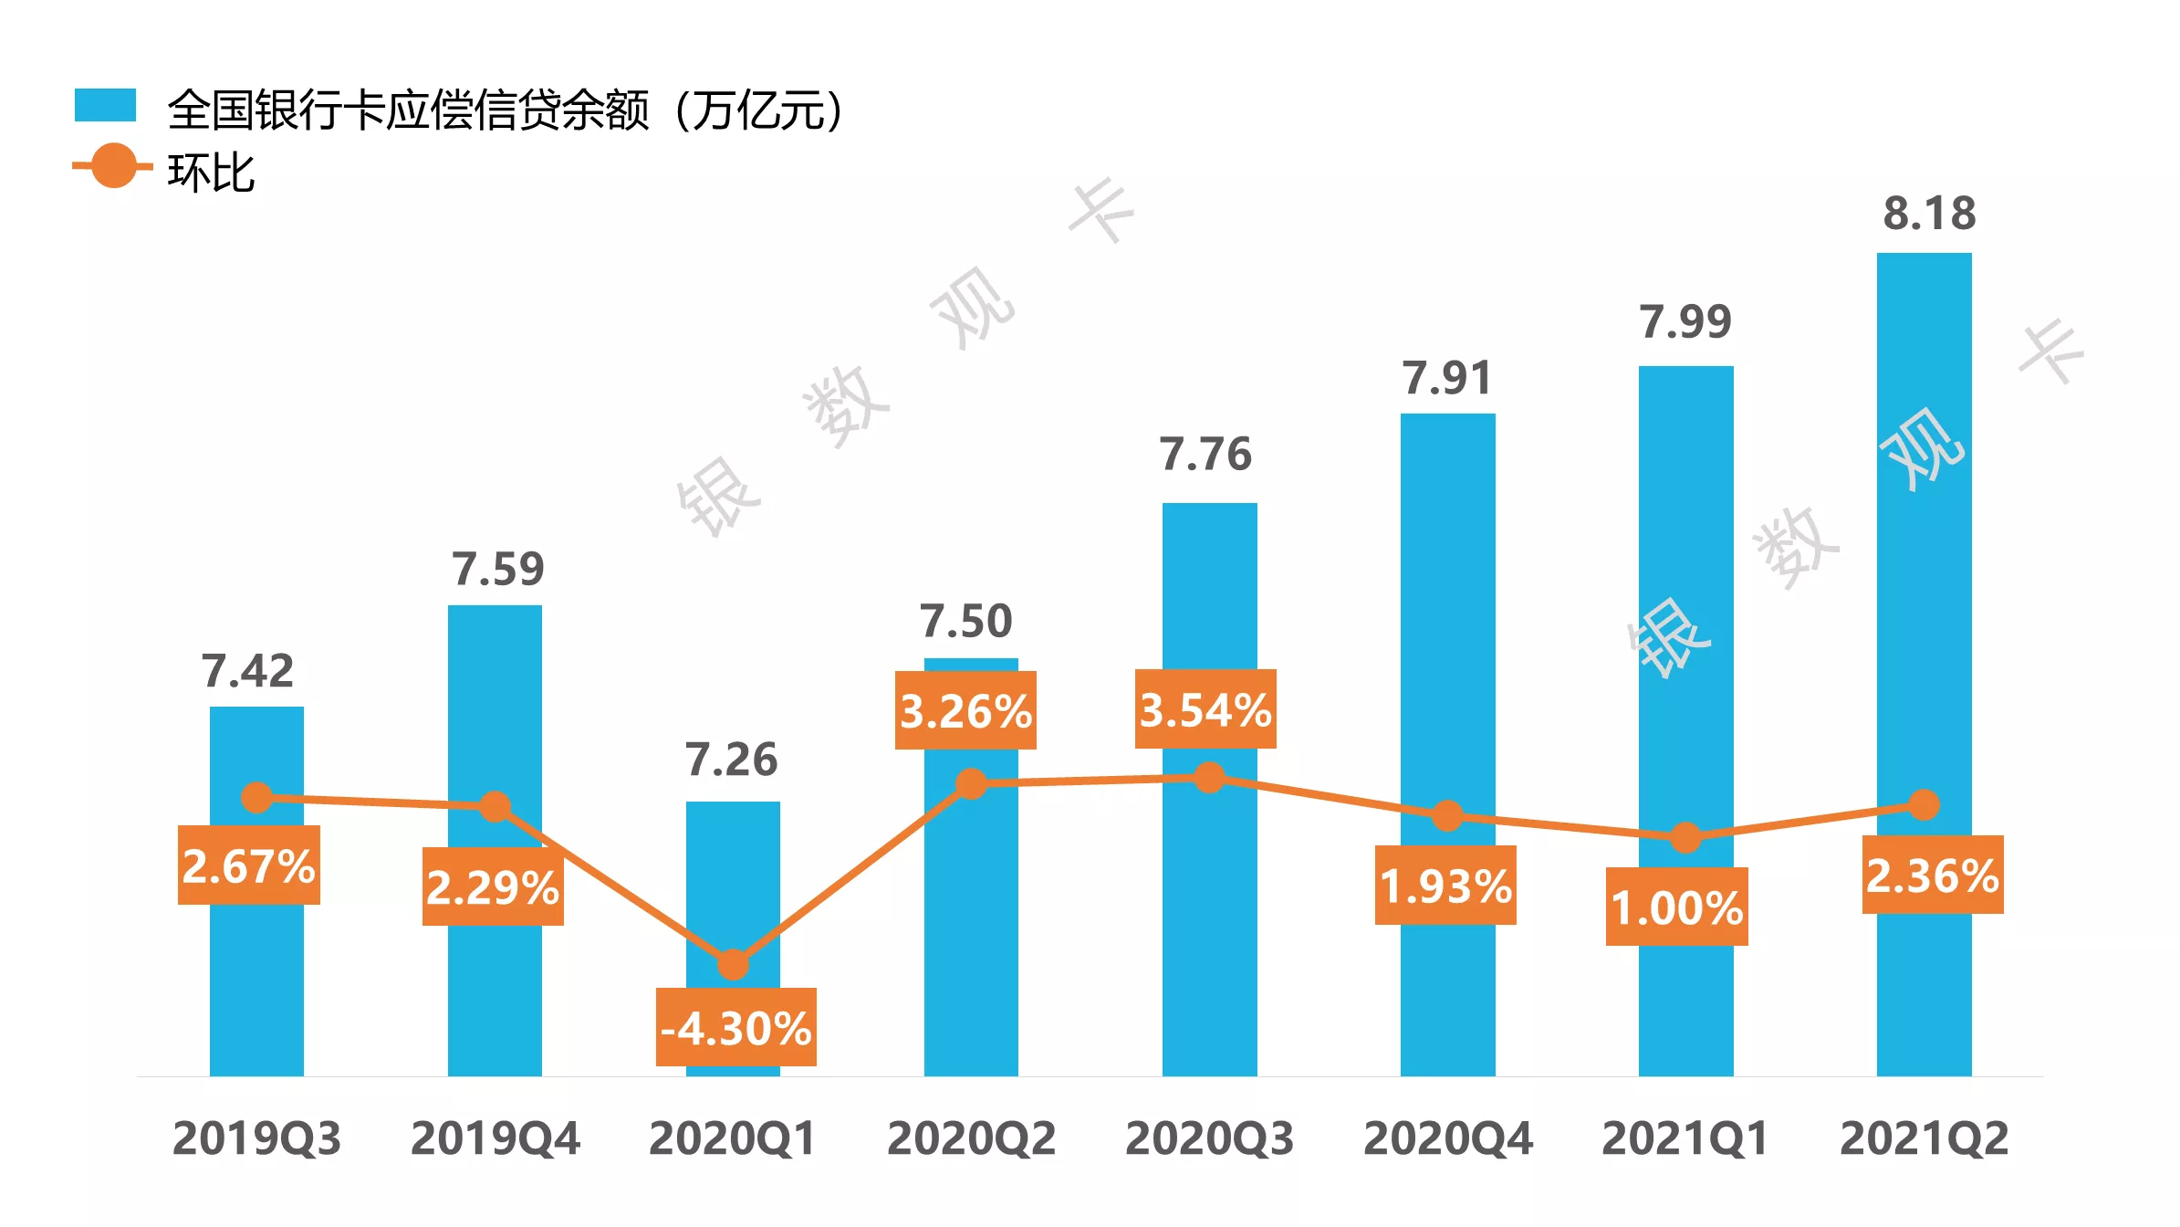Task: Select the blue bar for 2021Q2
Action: pos(1924,639)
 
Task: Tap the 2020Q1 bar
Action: pos(733,876)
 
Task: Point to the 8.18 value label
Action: pos(1929,214)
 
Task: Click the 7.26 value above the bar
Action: pos(731,760)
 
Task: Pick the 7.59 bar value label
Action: pos(497,569)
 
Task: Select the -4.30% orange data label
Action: pos(735,1028)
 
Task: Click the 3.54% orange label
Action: pos(1205,709)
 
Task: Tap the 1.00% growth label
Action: pos(1677,907)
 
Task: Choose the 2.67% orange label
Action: pos(248,865)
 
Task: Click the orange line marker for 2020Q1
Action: pos(733,964)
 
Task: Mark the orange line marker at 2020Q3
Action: pos(1209,778)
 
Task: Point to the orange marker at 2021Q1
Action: pos(1685,837)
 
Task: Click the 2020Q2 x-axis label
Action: pos(971,1138)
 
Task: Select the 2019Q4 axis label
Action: pos(495,1138)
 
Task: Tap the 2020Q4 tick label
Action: pos(1447,1138)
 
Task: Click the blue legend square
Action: pos(105,105)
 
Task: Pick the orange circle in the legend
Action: pos(114,166)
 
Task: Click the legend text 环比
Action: pos(211,173)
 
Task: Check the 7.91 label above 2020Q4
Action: pos(1446,378)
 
